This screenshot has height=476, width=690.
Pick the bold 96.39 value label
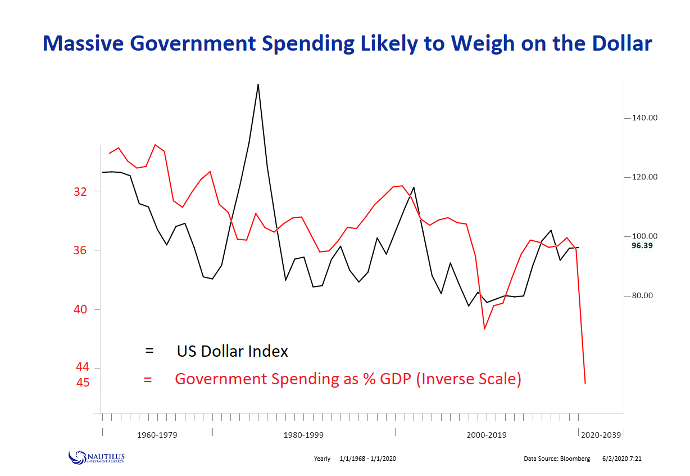pyautogui.click(x=642, y=246)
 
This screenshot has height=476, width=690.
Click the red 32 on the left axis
pyautogui.click(x=80, y=191)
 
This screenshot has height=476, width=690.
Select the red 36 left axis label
pyautogui.click(x=80, y=250)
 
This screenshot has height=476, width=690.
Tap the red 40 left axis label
pyautogui.click(x=80, y=309)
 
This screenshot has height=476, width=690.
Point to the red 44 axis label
pyautogui.click(x=82, y=367)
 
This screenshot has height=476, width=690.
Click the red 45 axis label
pyautogui.click(x=82, y=382)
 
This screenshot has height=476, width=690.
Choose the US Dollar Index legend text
pyautogui.click(x=232, y=352)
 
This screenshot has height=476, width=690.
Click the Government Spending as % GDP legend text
pyautogui.click(x=348, y=379)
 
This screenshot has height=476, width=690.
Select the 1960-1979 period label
pyautogui.click(x=157, y=435)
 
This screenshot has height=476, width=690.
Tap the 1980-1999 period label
pyautogui.click(x=303, y=435)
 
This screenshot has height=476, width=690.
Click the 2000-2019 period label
pyautogui.click(x=487, y=435)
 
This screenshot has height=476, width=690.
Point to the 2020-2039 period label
pyautogui.click(x=601, y=435)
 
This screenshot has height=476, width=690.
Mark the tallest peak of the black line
pyautogui.click(x=258, y=84)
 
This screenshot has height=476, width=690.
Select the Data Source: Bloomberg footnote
pyautogui.click(x=557, y=459)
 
